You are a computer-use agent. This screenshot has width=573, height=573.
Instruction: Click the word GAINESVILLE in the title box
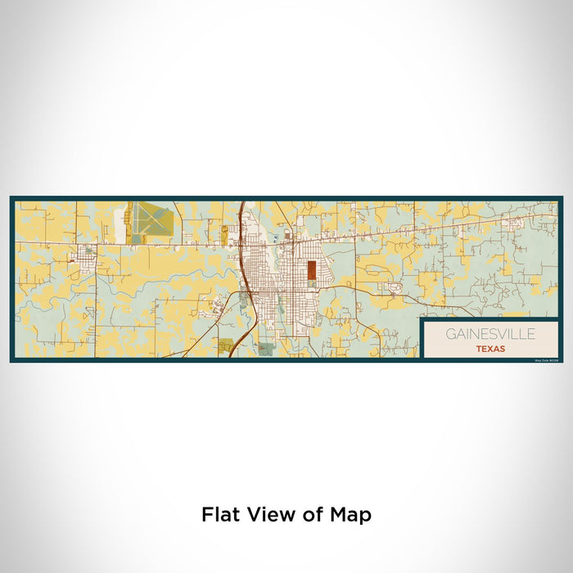pyautogui.click(x=490, y=334)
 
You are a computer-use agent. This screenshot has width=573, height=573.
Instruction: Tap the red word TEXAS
pyautogui.click(x=490, y=349)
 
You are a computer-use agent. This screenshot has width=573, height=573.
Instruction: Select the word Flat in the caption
pyautogui.click(x=219, y=515)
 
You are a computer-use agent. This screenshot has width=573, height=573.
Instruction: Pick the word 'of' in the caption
pyautogui.click(x=309, y=515)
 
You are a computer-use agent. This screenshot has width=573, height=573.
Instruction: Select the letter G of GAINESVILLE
pyautogui.click(x=450, y=334)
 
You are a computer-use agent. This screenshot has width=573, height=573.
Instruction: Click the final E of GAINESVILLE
pyautogui.click(x=532, y=334)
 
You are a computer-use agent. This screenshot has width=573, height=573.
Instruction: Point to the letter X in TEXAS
pyautogui.click(x=490, y=349)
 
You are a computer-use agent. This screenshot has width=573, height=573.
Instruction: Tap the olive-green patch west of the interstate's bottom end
pyautogui.click(x=226, y=345)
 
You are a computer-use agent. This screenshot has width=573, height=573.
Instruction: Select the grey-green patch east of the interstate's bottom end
pyautogui.click(x=266, y=348)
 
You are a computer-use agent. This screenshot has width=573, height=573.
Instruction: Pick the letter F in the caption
pyautogui.click(x=205, y=515)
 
